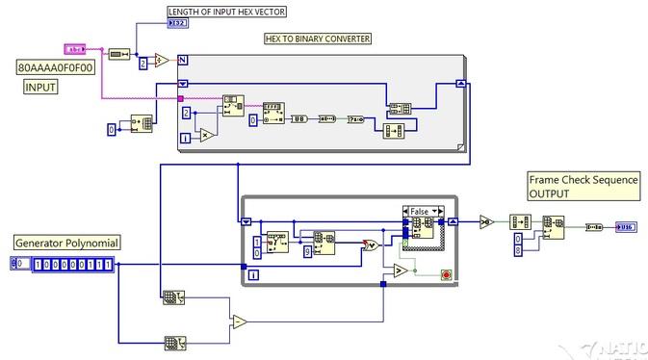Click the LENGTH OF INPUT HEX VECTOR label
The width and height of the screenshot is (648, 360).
click(x=226, y=12)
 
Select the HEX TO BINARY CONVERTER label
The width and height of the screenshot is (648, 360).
click(x=317, y=39)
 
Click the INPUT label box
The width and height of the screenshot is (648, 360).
click(x=40, y=87)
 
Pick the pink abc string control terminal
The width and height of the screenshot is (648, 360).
click(x=76, y=48)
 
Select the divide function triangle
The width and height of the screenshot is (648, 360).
click(x=162, y=61)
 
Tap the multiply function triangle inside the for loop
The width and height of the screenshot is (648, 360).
click(x=205, y=135)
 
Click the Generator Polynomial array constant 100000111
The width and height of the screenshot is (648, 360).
click(x=72, y=263)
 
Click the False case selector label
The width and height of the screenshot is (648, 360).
click(x=421, y=210)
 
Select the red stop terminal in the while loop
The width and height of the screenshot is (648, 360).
click(x=446, y=273)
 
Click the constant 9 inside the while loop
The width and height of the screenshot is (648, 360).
click(x=308, y=252)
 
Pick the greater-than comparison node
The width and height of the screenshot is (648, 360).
click(x=398, y=274)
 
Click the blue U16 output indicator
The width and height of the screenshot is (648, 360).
click(x=625, y=226)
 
